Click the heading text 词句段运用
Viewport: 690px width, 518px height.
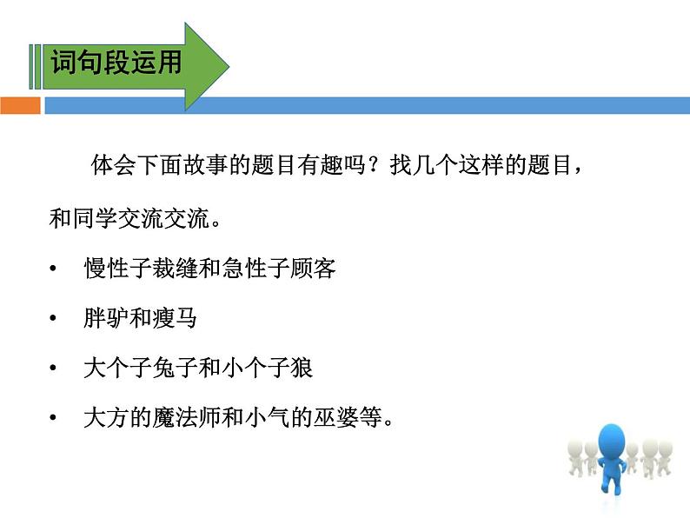coord(116,63)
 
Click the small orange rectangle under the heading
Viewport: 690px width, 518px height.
coord(20,106)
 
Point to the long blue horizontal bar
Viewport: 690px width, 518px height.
coord(365,106)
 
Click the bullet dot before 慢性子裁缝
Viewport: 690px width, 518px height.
coord(55,269)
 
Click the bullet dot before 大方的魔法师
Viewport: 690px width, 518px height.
coord(55,418)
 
